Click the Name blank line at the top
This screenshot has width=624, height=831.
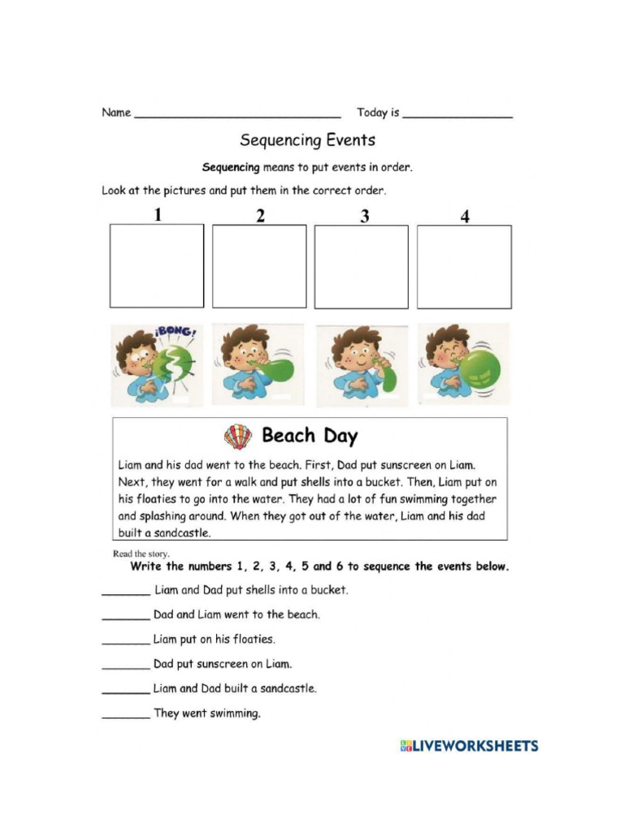tap(236, 115)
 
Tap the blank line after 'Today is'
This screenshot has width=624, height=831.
tap(457, 115)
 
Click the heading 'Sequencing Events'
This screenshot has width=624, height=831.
tap(307, 140)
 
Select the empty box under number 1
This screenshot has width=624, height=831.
tap(157, 266)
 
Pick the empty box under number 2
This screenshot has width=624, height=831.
tap(259, 266)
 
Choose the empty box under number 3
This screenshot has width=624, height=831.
tap(362, 266)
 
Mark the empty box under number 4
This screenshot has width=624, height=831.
tap(464, 266)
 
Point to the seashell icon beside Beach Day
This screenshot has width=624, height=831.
tap(238, 437)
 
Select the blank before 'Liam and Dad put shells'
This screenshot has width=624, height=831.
tap(125, 592)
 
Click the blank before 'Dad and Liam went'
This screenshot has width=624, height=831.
tap(125, 617)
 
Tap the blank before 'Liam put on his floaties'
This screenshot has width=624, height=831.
tap(125, 641)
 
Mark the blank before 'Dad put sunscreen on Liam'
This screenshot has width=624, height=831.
tap(125, 666)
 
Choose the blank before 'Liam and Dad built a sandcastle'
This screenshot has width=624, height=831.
tap(125, 691)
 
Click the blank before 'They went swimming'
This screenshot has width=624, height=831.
tap(125, 716)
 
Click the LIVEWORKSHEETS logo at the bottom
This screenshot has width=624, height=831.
tap(469, 746)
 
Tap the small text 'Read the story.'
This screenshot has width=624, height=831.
tap(141, 554)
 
